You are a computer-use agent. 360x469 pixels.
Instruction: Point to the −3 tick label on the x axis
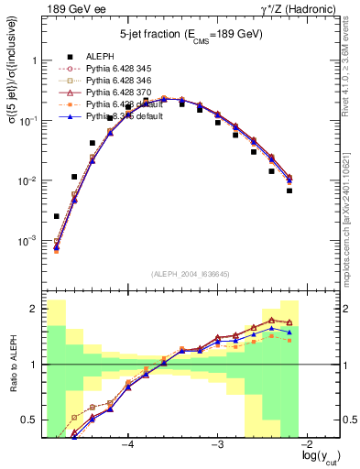tap(217, 444)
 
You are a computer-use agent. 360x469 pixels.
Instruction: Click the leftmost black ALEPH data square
tap(57, 217)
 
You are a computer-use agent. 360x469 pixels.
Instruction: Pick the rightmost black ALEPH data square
tap(289, 191)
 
